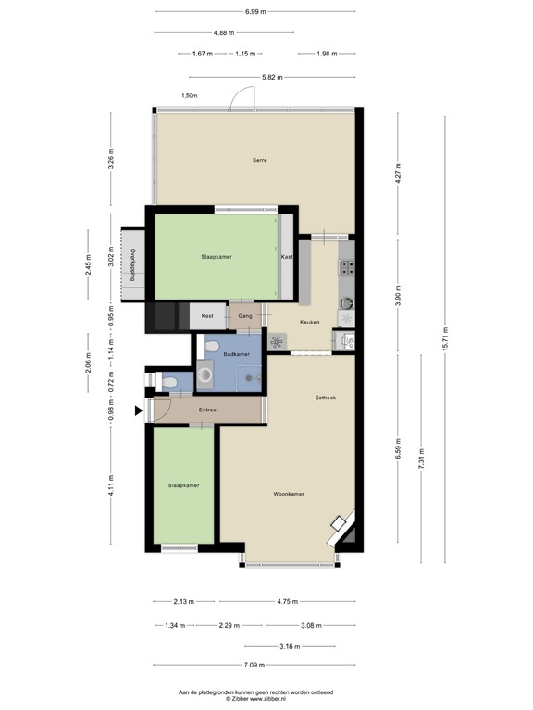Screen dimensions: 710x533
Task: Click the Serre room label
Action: (x=260, y=161)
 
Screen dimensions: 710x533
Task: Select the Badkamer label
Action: (x=236, y=355)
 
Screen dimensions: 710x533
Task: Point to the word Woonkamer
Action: (x=289, y=494)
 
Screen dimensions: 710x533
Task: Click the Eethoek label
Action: (x=325, y=398)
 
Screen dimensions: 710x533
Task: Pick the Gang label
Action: (x=245, y=316)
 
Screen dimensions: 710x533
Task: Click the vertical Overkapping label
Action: (x=132, y=263)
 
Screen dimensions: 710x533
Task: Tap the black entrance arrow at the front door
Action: (x=140, y=411)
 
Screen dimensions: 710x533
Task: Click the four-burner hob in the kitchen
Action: (x=348, y=268)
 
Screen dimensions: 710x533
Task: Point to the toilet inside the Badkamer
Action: (x=212, y=347)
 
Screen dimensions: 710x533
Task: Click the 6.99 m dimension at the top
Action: (x=256, y=12)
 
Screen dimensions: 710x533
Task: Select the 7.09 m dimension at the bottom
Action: (x=256, y=666)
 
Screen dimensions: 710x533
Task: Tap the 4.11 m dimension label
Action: (x=111, y=485)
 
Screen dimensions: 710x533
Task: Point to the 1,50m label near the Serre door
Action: (x=190, y=95)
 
